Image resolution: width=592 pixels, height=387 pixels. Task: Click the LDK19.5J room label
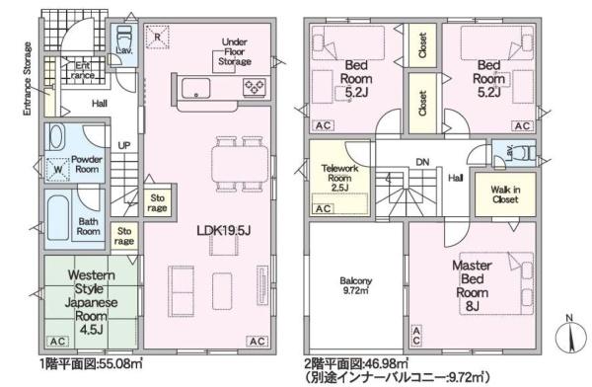coord(224,230)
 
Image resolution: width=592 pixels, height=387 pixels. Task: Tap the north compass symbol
coord(571,336)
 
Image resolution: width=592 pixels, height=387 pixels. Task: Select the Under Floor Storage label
coord(235,51)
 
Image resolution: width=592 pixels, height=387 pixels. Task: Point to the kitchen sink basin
coord(196,89)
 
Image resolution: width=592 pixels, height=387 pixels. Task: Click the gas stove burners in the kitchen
coord(255,87)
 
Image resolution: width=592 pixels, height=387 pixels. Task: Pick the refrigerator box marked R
coord(157,37)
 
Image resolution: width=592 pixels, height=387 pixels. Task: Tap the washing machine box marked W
coord(58,170)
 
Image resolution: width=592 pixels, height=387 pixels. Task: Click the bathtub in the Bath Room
coord(58,218)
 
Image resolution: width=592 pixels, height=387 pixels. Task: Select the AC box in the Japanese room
coord(58,342)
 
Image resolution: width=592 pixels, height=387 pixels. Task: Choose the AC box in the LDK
coord(258,342)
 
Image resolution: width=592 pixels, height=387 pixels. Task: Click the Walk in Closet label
coord(505,194)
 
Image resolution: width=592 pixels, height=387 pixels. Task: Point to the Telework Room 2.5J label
coord(339,178)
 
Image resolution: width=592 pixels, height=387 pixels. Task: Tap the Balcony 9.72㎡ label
coord(355,285)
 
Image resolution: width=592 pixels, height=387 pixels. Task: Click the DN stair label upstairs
coord(422,162)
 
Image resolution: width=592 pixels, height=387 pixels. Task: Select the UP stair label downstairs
coord(124,145)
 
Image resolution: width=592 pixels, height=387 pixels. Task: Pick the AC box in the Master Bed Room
coord(416,336)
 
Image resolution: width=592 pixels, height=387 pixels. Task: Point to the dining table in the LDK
coord(240,165)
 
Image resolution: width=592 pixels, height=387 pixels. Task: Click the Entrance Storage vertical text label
coord(28,79)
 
